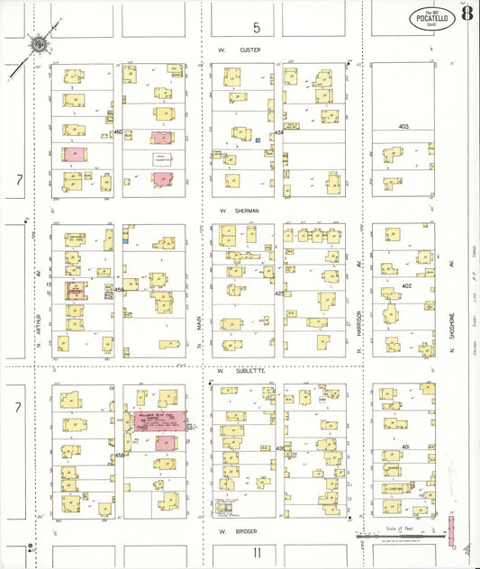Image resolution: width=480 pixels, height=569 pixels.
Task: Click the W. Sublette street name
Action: tap(239, 370)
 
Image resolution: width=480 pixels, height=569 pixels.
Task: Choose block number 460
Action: tap(118, 131)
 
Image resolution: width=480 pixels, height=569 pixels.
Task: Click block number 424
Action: tap(279, 132)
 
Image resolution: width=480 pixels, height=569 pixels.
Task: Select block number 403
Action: tap(404, 127)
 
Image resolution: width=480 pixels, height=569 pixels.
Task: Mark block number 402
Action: tap(405, 285)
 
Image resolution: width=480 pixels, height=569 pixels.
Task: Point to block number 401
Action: tap(405, 447)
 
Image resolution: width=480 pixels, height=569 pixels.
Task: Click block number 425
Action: tap(279, 294)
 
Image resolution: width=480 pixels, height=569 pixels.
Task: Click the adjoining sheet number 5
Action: tap(256, 28)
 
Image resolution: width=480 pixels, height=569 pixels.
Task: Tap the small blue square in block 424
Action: tap(258, 140)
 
